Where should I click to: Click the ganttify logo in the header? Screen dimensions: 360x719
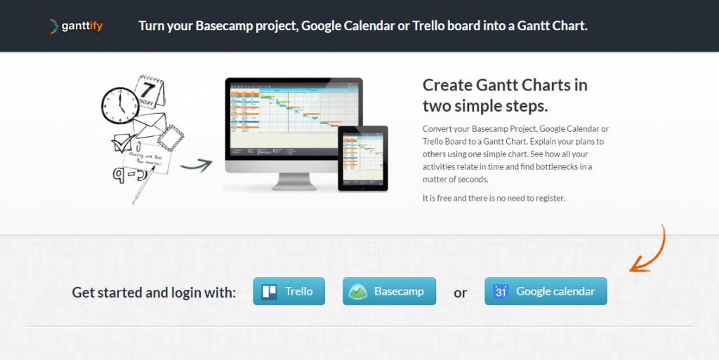(77, 27)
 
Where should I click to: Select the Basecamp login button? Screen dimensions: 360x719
(389, 291)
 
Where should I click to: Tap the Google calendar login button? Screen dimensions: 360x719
(546, 291)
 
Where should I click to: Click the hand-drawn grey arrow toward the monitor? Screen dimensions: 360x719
(195, 166)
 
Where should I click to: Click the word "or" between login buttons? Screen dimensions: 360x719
(460, 293)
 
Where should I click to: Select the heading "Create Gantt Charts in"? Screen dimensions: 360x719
(505, 85)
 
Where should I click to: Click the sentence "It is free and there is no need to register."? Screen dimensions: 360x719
(494, 198)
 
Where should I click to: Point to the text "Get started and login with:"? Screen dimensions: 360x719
(154, 292)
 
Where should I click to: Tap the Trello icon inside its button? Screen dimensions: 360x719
(270, 292)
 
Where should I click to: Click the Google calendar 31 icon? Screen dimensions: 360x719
(501, 292)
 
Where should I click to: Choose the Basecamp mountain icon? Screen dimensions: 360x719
(359, 292)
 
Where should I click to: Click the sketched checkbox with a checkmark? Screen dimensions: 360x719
(121, 145)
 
